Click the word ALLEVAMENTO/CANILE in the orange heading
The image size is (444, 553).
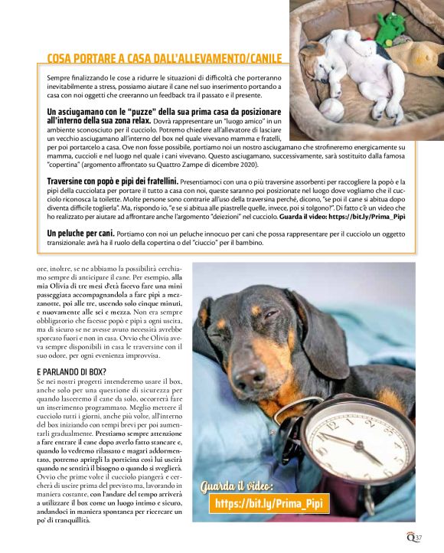coord(227,58)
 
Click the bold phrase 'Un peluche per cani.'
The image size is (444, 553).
coord(81,232)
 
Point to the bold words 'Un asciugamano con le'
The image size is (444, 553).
coord(84,112)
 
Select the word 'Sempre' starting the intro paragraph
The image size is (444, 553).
coord(58,79)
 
